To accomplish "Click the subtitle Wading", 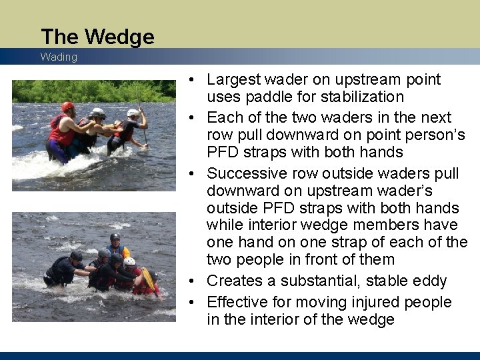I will (x=59, y=57).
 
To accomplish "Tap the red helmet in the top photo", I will (x=67, y=107).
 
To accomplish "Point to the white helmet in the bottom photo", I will (x=129, y=262).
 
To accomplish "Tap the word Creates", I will (x=233, y=281).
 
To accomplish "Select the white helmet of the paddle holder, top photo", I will (x=133, y=113).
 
